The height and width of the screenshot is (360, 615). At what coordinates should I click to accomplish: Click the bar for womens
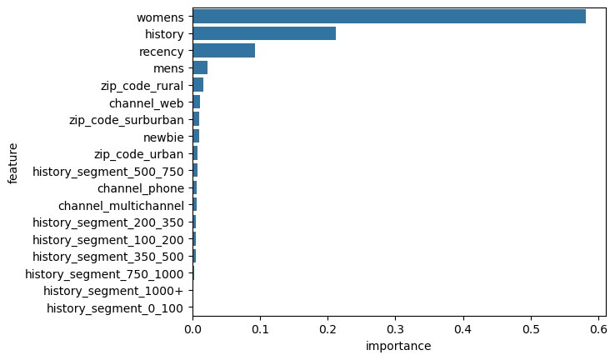[389, 17]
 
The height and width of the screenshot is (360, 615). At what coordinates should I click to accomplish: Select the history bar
[264, 33]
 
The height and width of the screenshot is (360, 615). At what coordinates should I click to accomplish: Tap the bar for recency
[224, 51]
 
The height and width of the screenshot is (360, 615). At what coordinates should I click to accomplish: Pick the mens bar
[200, 67]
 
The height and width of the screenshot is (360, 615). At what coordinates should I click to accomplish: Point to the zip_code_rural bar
[198, 85]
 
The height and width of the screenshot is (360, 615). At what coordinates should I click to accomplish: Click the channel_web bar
[197, 102]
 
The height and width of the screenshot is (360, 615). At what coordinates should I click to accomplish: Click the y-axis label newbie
[163, 137]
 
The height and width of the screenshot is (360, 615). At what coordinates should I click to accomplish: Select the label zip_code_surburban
[127, 120]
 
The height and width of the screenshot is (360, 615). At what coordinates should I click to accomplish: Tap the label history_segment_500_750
[107, 172]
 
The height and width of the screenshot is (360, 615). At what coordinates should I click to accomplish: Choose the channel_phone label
[140, 188]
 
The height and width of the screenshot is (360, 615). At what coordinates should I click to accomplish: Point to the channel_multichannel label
[121, 206]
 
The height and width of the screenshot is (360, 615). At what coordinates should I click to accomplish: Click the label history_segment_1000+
[113, 291]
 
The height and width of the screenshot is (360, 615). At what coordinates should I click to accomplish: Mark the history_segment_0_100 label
[115, 308]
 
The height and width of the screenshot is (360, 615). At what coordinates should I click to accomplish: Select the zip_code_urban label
[138, 154]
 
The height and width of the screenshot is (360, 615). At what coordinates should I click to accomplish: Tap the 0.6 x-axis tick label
[598, 329]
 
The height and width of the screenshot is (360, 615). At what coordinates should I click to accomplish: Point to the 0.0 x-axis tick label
[193, 329]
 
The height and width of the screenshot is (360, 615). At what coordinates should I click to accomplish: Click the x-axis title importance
[398, 347]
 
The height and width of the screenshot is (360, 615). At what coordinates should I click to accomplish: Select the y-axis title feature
[13, 163]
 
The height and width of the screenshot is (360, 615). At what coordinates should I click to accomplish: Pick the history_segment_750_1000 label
[104, 274]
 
